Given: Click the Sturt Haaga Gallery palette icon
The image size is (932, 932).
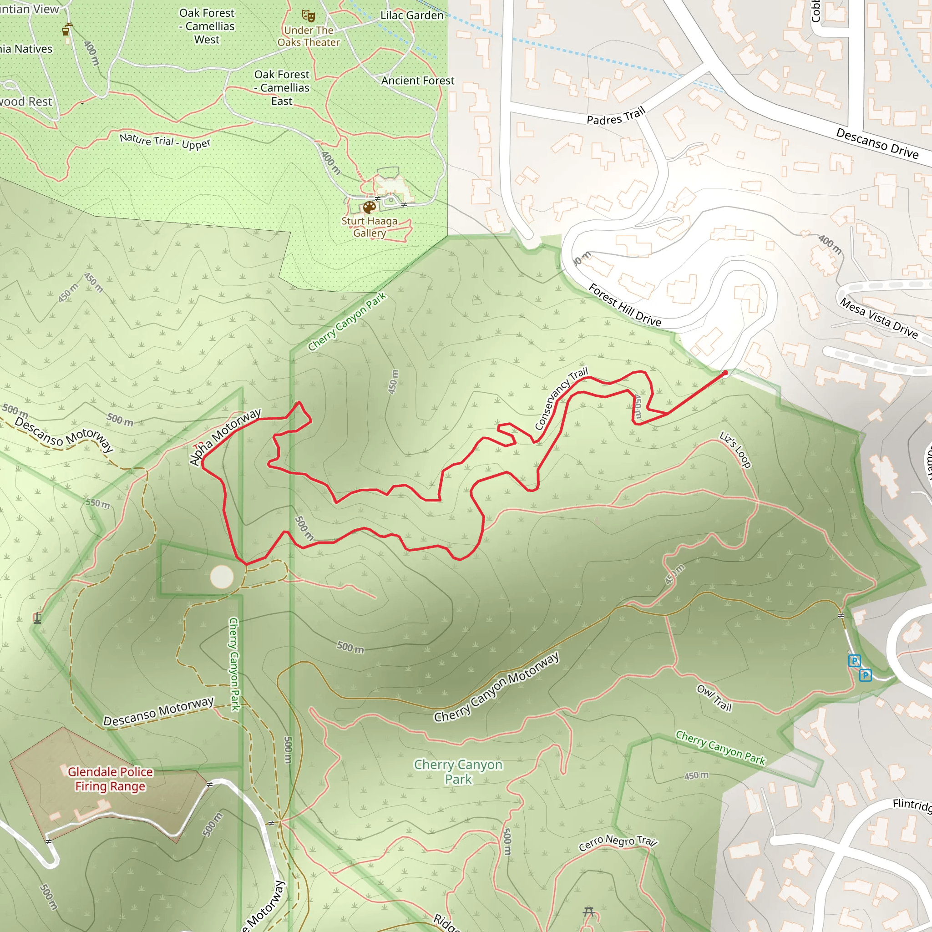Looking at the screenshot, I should pyautogui.click(x=369, y=208).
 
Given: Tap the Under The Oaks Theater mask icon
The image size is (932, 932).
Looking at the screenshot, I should pyautogui.click(x=308, y=16).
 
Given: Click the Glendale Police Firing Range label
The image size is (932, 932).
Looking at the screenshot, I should pyautogui.click(x=110, y=779).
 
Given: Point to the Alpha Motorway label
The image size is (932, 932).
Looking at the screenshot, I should pyautogui.click(x=225, y=437).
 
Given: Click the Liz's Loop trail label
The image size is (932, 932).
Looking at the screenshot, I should pyautogui.click(x=735, y=450).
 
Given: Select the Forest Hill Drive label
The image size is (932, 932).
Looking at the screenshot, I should pyautogui.click(x=625, y=305).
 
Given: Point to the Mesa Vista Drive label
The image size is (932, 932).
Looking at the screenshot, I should pyautogui.click(x=878, y=319).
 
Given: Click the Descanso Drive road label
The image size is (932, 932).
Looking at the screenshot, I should pyautogui.click(x=877, y=143).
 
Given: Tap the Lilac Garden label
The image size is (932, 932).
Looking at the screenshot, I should pyautogui.click(x=412, y=15).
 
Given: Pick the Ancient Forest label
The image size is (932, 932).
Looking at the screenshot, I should pyautogui.click(x=418, y=81).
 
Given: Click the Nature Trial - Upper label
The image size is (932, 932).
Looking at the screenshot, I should pyautogui.click(x=165, y=142).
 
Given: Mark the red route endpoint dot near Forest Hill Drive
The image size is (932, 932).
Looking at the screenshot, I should pyautogui.click(x=724, y=372).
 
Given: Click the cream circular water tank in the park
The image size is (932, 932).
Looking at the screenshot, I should pyautogui.click(x=222, y=577).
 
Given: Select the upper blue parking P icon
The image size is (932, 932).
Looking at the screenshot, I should pyautogui.click(x=854, y=660).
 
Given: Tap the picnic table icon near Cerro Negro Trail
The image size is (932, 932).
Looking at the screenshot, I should pyautogui.click(x=588, y=912).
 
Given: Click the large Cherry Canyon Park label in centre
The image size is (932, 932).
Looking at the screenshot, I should pyautogui.click(x=458, y=772).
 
